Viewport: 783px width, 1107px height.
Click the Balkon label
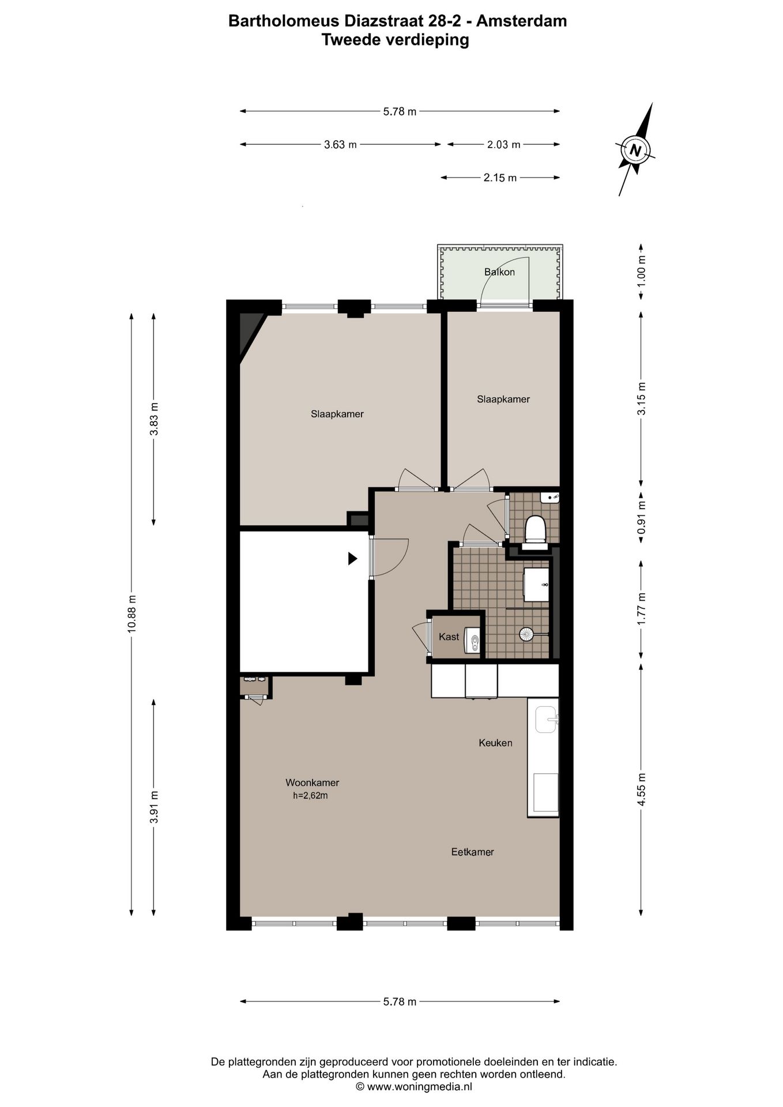(x=499, y=272)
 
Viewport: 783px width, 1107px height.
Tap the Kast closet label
(x=449, y=637)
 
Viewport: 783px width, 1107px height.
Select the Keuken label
(x=495, y=743)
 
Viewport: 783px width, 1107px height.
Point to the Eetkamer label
(x=472, y=852)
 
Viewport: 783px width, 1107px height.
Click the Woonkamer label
(x=312, y=782)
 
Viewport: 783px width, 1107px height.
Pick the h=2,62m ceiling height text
(x=310, y=796)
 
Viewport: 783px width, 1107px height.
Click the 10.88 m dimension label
(x=132, y=613)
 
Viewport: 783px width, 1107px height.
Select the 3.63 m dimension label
(x=340, y=145)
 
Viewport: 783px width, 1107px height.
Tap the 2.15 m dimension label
(x=500, y=178)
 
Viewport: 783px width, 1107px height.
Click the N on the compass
(x=635, y=150)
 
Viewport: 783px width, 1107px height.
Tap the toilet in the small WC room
(x=536, y=529)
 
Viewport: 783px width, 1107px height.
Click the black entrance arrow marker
(x=353, y=558)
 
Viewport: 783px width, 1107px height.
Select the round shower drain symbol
(x=526, y=634)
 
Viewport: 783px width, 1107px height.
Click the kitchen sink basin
(x=545, y=720)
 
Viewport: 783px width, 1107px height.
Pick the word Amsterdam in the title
(x=522, y=21)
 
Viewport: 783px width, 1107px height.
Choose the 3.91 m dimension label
(x=154, y=807)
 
